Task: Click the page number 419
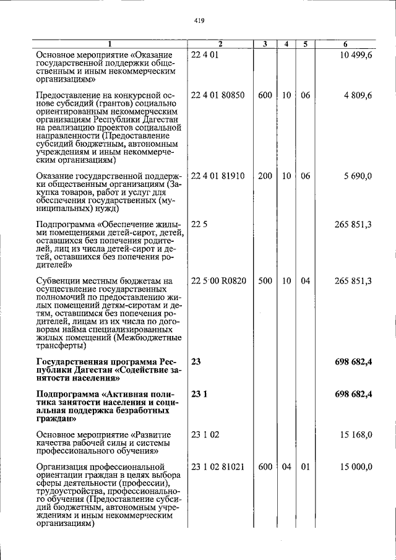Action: [199, 20]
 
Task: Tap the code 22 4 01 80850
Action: [218, 96]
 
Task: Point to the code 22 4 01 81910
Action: [218, 176]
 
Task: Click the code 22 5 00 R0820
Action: [219, 281]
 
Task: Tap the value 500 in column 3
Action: [265, 281]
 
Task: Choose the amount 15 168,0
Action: [357, 435]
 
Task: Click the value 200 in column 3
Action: [265, 176]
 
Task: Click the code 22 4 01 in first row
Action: [205, 56]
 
